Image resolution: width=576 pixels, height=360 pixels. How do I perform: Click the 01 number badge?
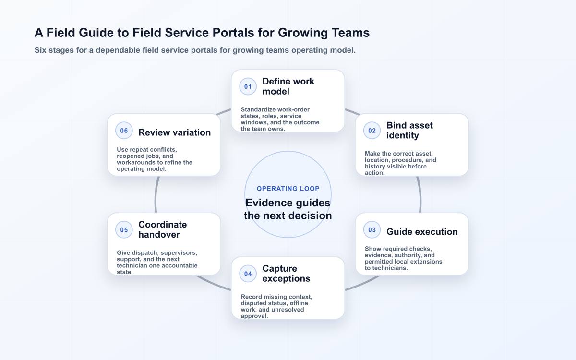(x=248, y=87)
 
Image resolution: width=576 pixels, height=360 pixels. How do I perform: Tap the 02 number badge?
(x=372, y=131)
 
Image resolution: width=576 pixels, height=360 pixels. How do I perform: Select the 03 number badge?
(x=372, y=229)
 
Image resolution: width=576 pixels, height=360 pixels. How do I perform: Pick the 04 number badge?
(x=248, y=274)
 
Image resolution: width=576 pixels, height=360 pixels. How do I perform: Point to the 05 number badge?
(x=124, y=229)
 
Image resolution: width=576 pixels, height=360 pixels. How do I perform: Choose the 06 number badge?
(x=124, y=131)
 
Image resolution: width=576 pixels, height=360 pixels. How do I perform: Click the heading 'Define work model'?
(x=288, y=86)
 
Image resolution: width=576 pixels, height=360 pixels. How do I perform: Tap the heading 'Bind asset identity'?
(x=409, y=131)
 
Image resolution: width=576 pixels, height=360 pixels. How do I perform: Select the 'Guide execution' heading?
(x=422, y=232)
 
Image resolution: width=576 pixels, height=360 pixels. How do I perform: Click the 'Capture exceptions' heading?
(x=286, y=274)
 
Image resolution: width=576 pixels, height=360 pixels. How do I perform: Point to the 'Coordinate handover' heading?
(x=163, y=229)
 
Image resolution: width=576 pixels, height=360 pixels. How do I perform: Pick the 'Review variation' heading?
(x=175, y=132)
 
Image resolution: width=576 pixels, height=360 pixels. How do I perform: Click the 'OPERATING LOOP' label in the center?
(x=288, y=189)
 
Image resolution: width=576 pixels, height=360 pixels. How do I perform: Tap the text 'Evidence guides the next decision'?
(x=288, y=209)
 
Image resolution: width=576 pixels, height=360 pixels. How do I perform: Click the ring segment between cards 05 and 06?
(x=156, y=195)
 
